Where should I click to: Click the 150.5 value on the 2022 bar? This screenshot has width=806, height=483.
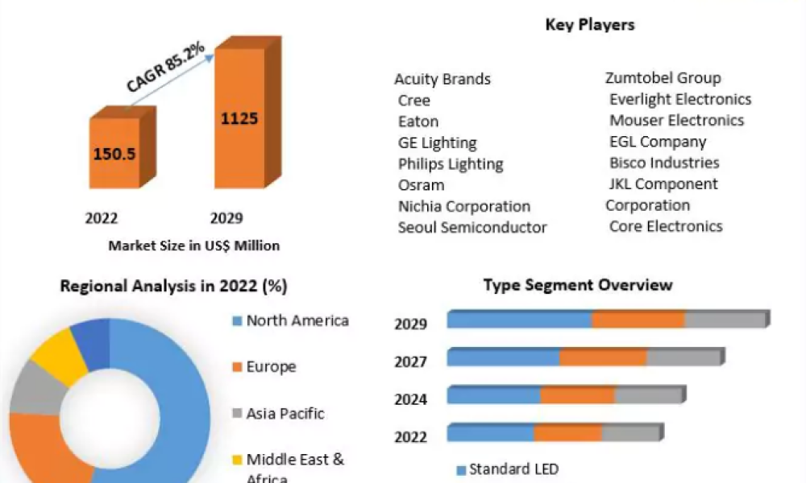point(114,153)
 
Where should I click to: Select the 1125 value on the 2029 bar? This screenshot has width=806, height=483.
point(239,118)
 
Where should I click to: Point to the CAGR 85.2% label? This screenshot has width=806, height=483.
point(166,68)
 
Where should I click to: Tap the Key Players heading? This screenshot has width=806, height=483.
point(590,25)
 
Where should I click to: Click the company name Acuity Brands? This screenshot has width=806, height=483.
point(442,79)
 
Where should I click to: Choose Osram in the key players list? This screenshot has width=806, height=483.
point(421,185)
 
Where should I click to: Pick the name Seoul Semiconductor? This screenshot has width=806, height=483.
point(472,228)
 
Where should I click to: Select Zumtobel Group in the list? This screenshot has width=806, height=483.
point(663,78)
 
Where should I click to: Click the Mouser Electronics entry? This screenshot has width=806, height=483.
point(676,121)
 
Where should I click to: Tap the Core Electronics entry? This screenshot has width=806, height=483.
point(666,226)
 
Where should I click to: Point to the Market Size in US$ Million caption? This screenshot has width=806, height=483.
point(194,246)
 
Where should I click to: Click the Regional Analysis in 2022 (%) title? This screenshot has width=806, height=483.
point(174,286)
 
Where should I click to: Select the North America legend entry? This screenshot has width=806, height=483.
point(297,320)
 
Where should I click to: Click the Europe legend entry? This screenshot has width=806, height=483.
point(271,367)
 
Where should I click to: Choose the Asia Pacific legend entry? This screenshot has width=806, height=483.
point(285,414)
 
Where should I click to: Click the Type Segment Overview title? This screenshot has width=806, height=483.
point(578,285)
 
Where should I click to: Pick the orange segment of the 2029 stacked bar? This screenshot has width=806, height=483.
point(638,320)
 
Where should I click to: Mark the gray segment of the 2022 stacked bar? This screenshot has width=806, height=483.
point(630,433)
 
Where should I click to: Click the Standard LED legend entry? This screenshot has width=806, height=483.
point(513,469)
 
